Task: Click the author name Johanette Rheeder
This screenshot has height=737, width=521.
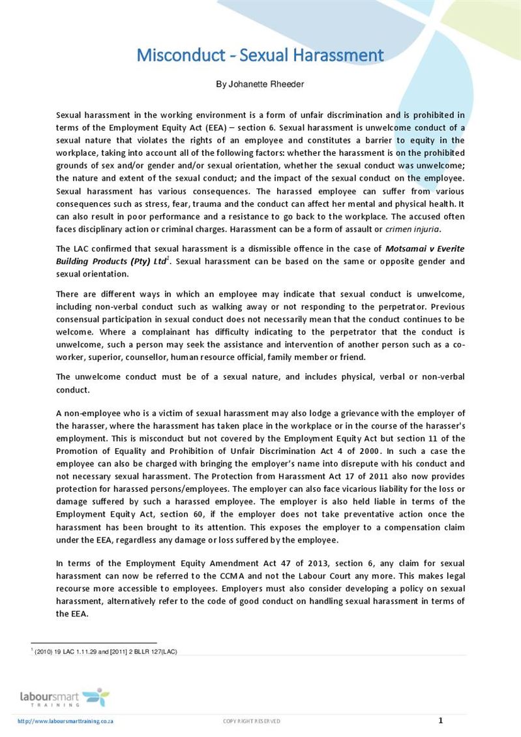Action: tap(260, 85)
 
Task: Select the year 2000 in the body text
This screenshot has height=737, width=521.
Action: tap(367, 451)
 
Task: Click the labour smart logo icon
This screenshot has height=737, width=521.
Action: tap(97, 697)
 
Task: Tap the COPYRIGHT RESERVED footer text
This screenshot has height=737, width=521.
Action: tap(252, 721)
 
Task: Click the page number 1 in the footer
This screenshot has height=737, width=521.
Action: tap(440, 720)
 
